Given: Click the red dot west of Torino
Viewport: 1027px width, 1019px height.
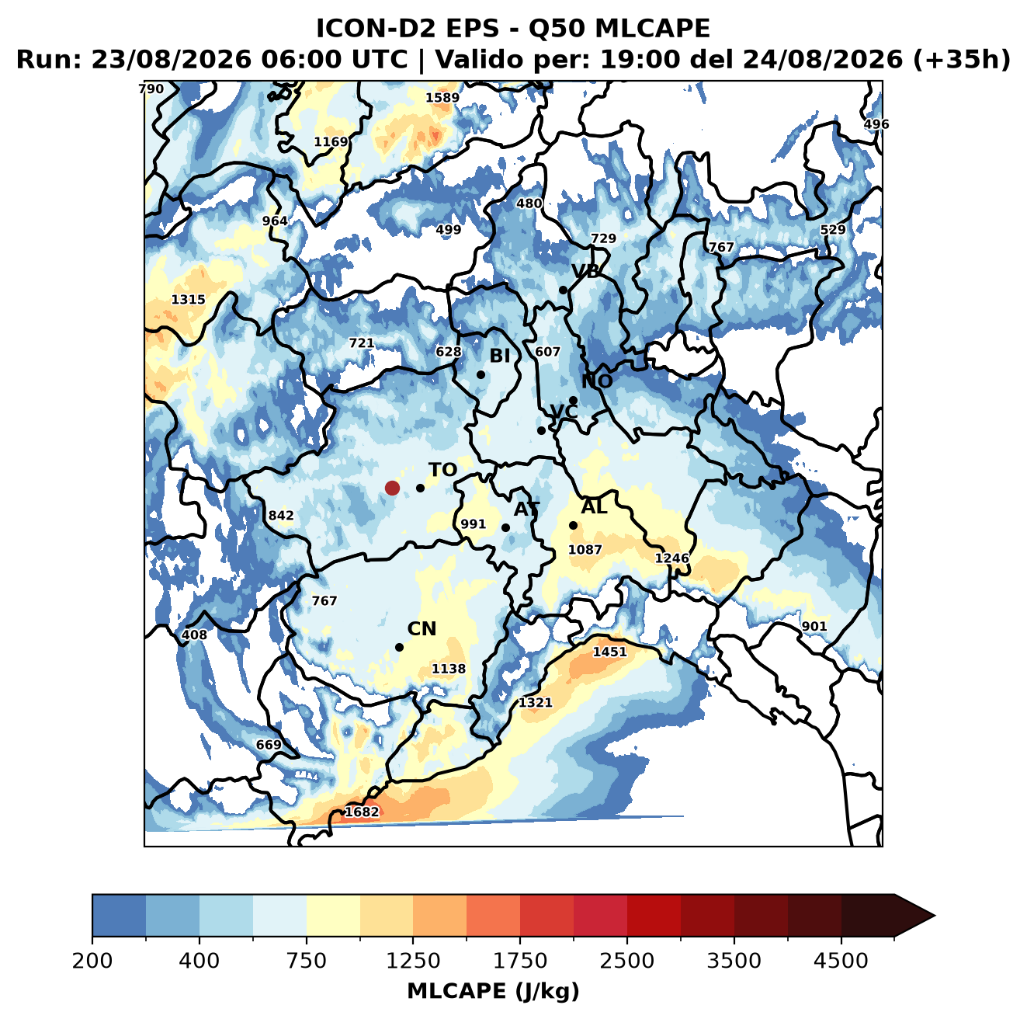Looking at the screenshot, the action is click(392, 488).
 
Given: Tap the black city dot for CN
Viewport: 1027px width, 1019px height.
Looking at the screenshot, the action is click(399, 647).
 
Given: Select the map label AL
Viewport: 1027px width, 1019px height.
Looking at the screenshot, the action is click(594, 506).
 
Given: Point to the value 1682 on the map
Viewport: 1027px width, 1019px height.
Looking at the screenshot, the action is click(362, 812).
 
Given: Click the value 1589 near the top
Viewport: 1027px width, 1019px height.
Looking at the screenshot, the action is click(442, 98).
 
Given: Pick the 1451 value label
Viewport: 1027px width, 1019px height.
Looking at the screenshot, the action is click(609, 652).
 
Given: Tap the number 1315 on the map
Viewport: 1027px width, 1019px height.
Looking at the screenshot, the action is click(188, 300).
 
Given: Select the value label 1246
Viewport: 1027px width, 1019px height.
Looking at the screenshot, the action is click(671, 558).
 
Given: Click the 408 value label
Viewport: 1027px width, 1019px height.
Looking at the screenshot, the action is click(194, 635).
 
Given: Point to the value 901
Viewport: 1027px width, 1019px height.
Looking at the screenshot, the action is click(814, 626).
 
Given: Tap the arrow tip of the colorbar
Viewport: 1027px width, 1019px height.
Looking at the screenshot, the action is click(935, 916).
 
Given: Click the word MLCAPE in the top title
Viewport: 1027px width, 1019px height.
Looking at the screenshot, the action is click(652, 28).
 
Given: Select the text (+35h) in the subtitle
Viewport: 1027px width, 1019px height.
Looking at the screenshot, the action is click(962, 60).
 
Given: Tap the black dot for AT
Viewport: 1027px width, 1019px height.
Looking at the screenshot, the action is click(505, 527).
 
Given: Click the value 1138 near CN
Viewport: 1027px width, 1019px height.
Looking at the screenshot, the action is click(448, 669).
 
